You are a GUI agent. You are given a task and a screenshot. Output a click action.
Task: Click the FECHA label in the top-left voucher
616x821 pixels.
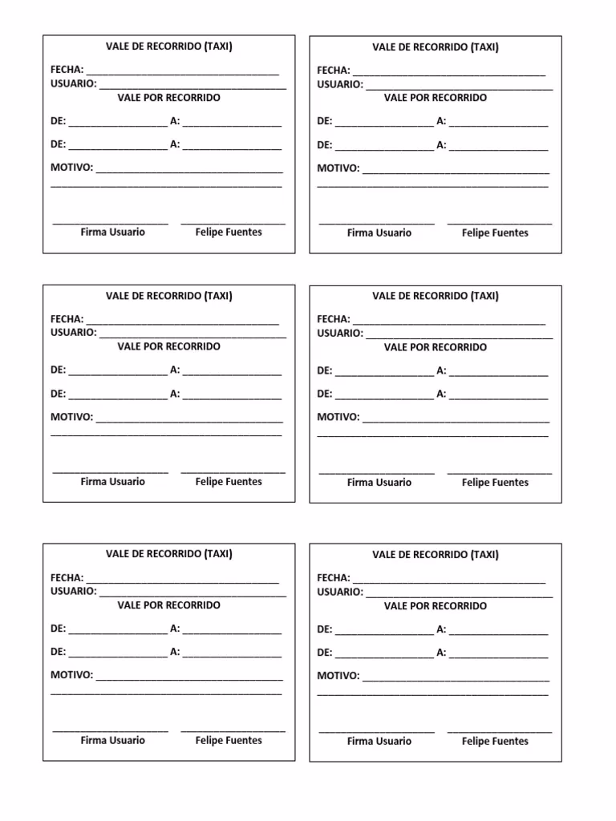(67, 70)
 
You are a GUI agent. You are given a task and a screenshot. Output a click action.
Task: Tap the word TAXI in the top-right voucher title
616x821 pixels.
(484, 47)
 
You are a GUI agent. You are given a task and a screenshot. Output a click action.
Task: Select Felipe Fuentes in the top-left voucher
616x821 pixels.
(229, 232)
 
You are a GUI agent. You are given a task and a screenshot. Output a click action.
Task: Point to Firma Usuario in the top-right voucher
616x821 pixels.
(379, 233)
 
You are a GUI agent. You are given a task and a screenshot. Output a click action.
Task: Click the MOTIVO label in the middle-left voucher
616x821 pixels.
(71, 417)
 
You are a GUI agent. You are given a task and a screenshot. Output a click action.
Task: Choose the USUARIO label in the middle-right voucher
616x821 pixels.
(339, 333)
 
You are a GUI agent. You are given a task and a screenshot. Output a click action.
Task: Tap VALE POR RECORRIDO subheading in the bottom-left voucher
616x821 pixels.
(168, 605)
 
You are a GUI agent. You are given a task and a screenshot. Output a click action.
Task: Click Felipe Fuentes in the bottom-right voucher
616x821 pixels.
(495, 741)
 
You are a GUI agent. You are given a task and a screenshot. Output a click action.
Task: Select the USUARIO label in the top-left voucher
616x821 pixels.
(73, 83)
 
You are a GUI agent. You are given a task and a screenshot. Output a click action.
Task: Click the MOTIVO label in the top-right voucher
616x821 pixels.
(338, 168)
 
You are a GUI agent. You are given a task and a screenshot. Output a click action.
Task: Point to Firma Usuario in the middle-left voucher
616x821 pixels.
(113, 481)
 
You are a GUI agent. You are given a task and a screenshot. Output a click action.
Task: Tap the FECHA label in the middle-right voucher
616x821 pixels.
(333, 319)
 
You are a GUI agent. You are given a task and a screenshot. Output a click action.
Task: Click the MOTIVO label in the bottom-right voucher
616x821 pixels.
(338, 676)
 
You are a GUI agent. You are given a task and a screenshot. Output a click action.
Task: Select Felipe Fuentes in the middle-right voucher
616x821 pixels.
(495, 482)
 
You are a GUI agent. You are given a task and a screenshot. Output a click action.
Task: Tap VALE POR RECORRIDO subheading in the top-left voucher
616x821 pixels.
(168, 98)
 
